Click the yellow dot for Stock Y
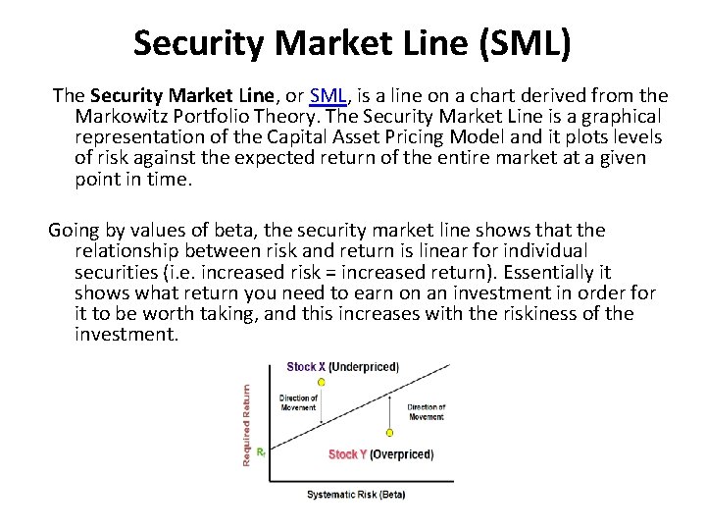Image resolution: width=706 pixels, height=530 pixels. coord(390,432)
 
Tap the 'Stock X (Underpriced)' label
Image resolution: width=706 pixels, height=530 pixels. coord(342,367)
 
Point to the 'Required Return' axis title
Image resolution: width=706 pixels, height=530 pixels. coord(246,423)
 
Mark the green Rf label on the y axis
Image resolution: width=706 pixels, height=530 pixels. coord(261,452)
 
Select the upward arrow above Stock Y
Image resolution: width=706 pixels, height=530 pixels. coord(390,412)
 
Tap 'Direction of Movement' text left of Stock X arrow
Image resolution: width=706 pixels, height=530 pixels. coord(298,402)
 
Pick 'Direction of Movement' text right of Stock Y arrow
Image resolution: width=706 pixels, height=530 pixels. coord(427,411)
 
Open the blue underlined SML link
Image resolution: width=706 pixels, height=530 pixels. coord(327,95)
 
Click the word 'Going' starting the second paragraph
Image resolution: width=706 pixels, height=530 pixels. coord(74,231)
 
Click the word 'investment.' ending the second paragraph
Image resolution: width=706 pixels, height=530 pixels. coord(126,335)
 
